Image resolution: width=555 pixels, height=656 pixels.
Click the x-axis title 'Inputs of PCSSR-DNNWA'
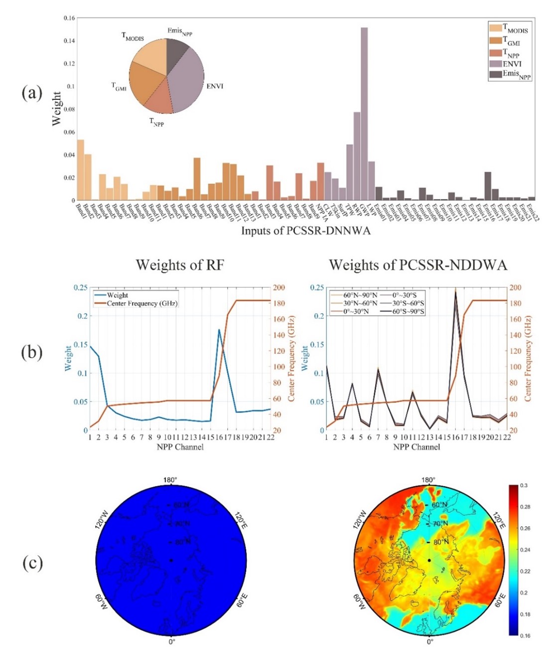[x=306, y=231]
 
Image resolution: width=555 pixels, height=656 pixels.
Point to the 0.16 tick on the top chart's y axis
[x=69, y=18]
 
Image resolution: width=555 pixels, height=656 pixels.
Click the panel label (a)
[x=32, y=93]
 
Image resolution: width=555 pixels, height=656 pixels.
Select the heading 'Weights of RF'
[x=180, y=264]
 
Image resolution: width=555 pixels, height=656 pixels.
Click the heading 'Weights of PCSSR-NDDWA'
[x=417, y=264]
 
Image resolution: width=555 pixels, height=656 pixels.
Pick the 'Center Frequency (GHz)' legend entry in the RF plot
[x=142, y=303]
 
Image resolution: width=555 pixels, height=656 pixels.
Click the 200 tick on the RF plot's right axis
[x=279, y=288]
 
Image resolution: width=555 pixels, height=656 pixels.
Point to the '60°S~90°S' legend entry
[x=408, y=311]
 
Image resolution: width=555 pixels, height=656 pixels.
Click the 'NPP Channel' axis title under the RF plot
[x=180, y=447]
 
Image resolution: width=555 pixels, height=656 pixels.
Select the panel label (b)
[x=32, y=352]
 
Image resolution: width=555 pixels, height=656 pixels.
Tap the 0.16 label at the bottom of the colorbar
[x=526, y=636]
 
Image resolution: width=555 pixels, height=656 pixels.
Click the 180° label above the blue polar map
[x=170, y=480]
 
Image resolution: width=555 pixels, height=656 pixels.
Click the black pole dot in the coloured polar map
[x=429, y=561]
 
